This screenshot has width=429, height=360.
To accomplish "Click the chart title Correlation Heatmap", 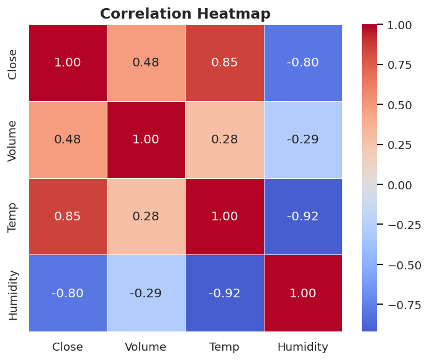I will tap(185, 14).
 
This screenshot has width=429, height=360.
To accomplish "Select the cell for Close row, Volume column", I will tap(146, 63).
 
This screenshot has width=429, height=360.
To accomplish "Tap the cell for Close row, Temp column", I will tap(224, 63).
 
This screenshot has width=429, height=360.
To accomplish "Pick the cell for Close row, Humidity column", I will tap(303, 63).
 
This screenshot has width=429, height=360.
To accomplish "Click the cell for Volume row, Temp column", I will tap(224, 140).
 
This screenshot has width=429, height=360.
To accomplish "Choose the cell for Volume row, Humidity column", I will tap(303, 140).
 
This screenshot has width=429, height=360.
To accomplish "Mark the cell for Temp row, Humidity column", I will tap(303, 217).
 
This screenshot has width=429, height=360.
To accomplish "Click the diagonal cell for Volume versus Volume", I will tap(146, 140).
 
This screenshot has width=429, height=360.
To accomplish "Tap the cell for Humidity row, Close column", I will tap(68, 294).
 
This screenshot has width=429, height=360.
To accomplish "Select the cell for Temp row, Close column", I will tap(68, 217).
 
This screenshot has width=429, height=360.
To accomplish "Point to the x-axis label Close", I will tap(68, 347).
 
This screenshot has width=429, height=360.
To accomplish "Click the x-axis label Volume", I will tap(146, 347).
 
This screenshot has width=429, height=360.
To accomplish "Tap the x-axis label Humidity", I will tap(303, 347).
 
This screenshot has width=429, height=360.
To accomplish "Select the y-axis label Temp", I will tap(13, 217).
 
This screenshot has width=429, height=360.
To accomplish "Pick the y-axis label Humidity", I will tap(13, 294).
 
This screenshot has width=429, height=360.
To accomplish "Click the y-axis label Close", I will tap(13, 63).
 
